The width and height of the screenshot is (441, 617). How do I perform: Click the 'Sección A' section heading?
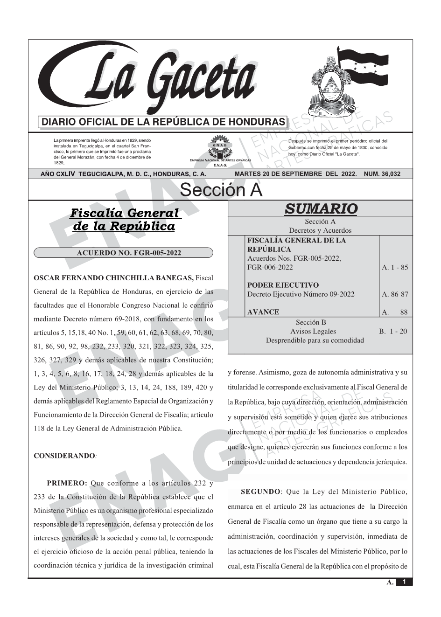(221, 190)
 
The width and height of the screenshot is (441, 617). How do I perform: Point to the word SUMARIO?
(321, 208)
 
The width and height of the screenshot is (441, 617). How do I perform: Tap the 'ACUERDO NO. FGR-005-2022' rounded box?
(123, 253)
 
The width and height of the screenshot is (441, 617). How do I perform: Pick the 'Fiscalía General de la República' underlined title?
(124, 220)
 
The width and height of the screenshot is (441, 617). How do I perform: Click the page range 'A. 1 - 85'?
(395, 267)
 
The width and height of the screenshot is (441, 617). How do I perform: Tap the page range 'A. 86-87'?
(395, 294)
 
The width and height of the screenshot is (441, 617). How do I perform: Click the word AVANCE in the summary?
(263, 312)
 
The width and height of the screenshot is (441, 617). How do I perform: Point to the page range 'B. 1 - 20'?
(393, 331)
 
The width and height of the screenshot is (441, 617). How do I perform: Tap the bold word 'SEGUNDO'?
(260, 492)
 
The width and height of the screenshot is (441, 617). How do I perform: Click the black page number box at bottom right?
(404, 582)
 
